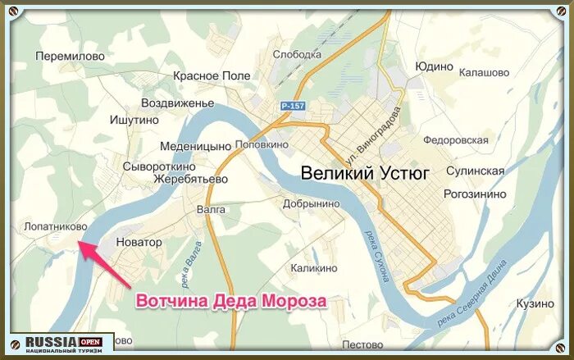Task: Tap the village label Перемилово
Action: pyautogui.click(x=71, y=56)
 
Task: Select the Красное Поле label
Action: pyautogui.click(x=212, y=75)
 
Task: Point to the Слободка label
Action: pyautogui.click(x=296, y=55)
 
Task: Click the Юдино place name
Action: pyautogui.click(x=434, y=66)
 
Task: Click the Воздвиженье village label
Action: pyautogui.click(x=177, y=103)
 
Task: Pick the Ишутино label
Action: pyautogui.click(x=134, y=120)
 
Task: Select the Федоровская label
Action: pyautogui.click(x=454, y=140)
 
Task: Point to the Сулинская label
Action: pyautogui.click(x=475, y=171)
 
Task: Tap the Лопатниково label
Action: pyautogui.click(x=51, y=225)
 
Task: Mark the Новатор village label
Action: pyautogui.click(x=139, y=243)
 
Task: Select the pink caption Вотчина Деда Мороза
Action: pyautogui.click(x=230, y=302)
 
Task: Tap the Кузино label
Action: pyautogui.click(x=535, y=303)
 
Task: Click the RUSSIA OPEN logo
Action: pyautogui.click(x=61, y=344)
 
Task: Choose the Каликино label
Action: pyautogui.click(x=313, y=268)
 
